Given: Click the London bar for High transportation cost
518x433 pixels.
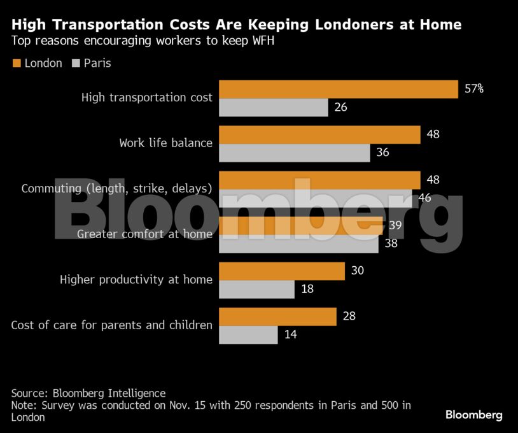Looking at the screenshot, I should point(339,90).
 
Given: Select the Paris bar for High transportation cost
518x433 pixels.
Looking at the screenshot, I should point(274,108).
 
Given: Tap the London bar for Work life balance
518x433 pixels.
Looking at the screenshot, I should point(319,135).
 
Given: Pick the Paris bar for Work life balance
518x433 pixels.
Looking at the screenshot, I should point(294,153).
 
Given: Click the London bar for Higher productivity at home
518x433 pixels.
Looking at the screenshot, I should point(282,271).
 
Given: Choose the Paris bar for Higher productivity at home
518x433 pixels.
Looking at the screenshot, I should point(257,289).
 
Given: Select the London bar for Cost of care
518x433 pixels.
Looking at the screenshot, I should point(277,316).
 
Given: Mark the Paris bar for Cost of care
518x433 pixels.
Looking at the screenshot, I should point(248,334).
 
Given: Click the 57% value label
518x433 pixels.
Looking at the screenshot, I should point(473,89).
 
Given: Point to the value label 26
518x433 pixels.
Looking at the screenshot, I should point(340,108).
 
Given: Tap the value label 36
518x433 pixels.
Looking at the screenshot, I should point(382,153).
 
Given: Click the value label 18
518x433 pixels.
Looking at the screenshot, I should point(307,289).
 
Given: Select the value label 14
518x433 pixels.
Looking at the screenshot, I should point(290,334).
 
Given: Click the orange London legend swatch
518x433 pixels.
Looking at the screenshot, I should point(17,63).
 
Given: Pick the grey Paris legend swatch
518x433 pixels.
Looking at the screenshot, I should point(77,63).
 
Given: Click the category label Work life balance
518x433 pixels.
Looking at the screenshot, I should point(165,143).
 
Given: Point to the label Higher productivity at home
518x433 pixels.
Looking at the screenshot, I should point(136,280).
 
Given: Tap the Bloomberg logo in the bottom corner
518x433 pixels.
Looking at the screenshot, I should point(473,415).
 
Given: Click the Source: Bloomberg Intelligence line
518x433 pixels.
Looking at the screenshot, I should point(88,393).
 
